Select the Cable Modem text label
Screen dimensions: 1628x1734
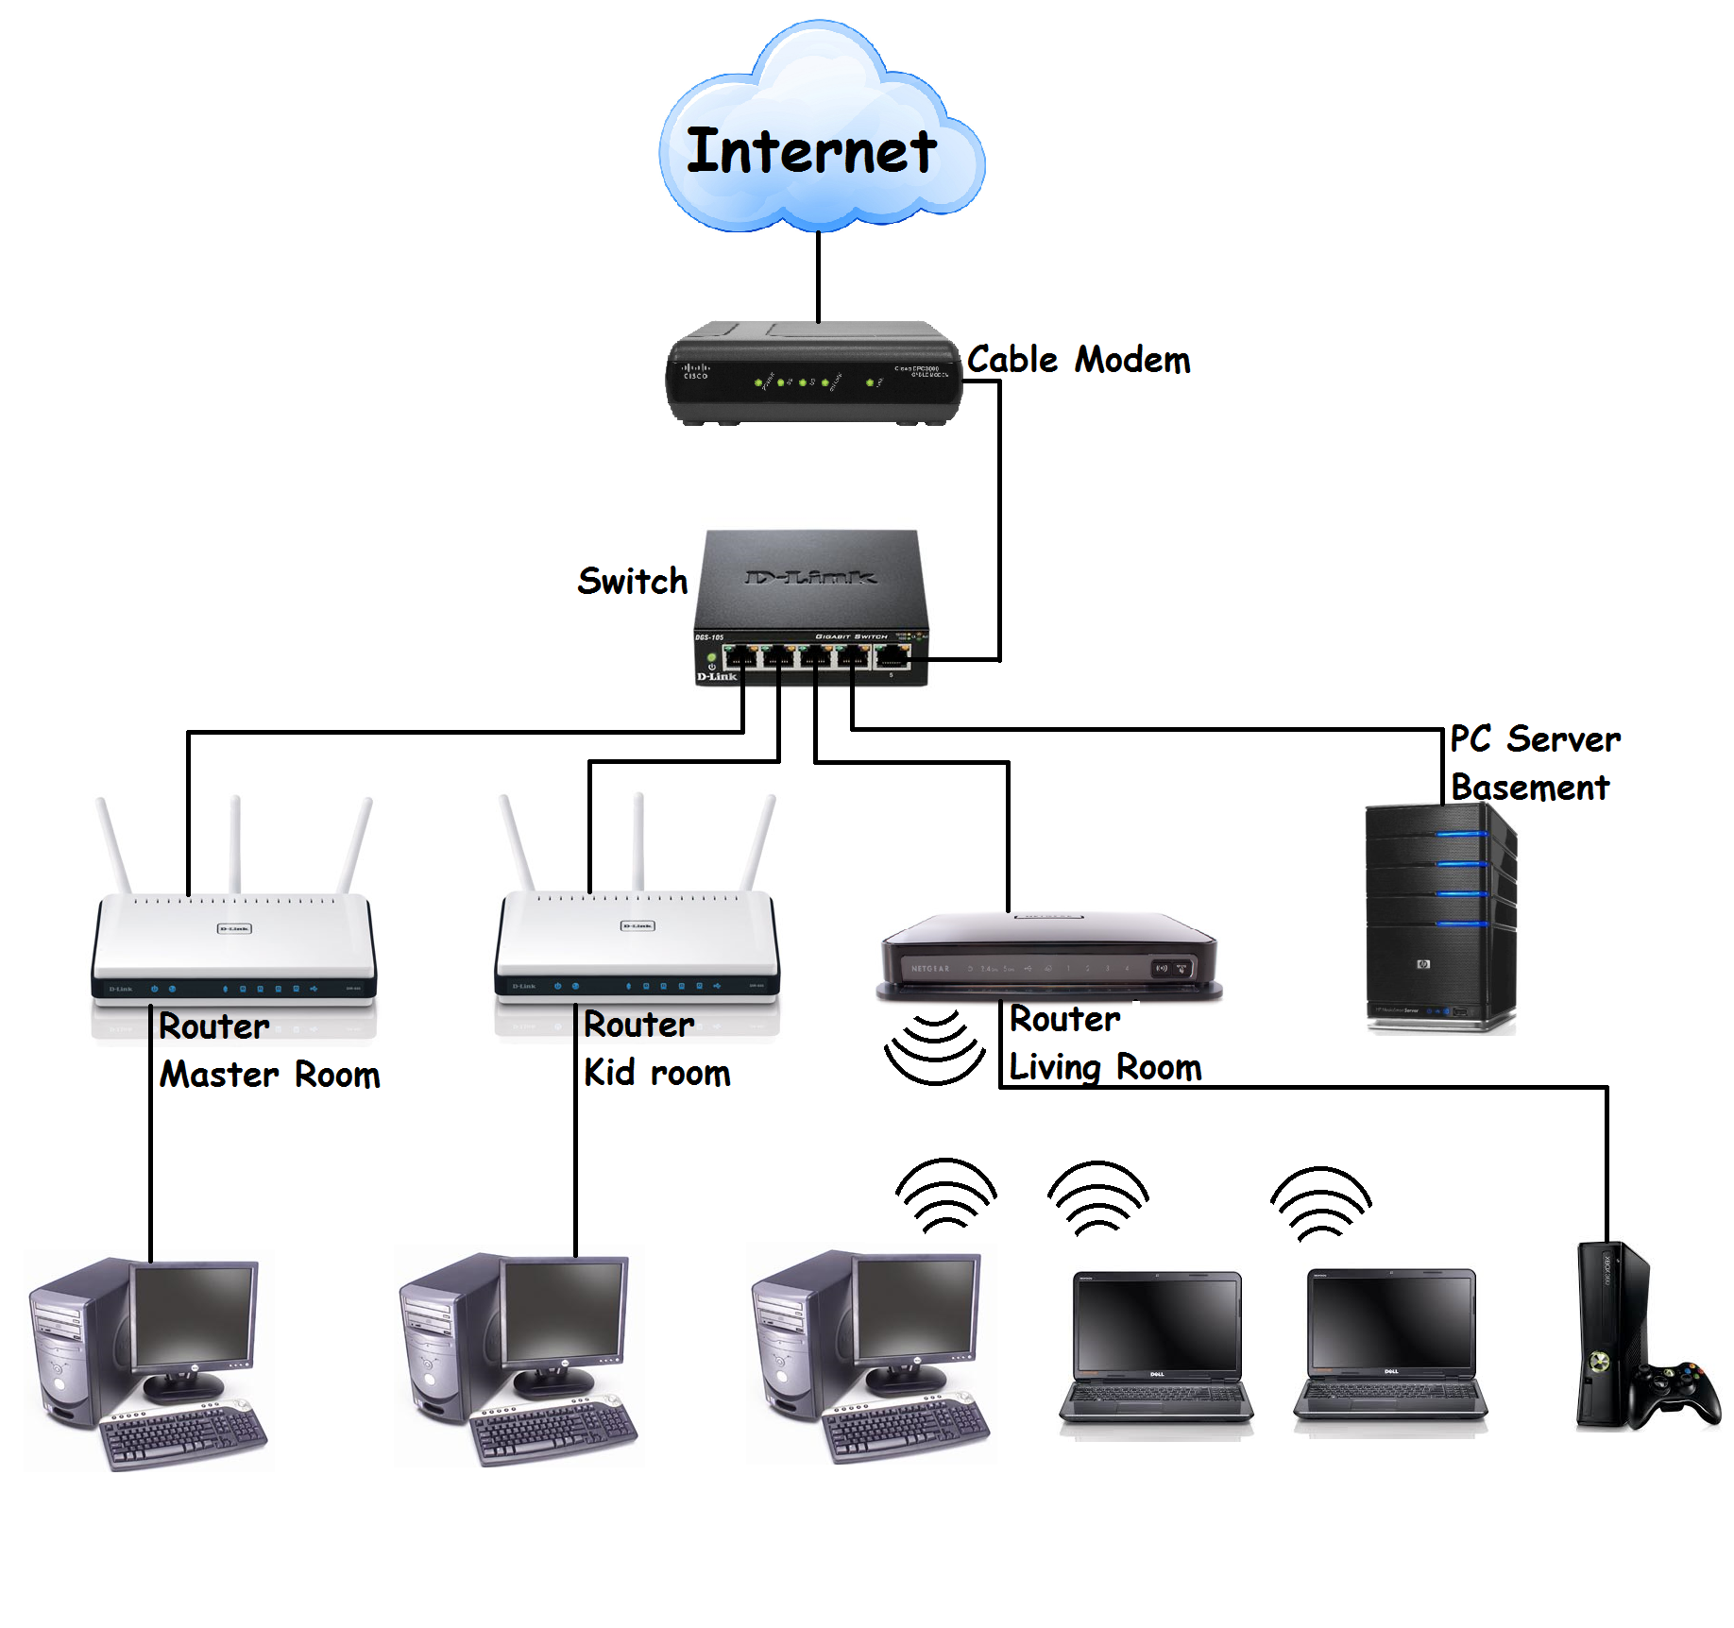[1078, 360]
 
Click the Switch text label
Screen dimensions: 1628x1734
[632, 581]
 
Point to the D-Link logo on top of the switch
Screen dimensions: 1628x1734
[810, 577]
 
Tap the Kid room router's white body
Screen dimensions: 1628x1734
[637, 935]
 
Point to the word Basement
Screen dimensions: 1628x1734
[1529, 787]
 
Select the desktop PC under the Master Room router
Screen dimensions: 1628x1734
[146, 1360]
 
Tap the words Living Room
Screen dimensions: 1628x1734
[1104, 1067]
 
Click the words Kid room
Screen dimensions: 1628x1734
[656, 1073]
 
